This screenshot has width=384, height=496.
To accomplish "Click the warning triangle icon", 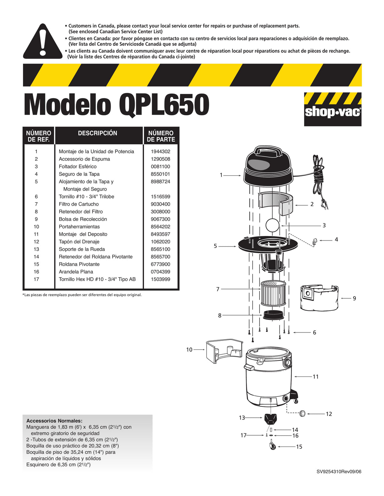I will tap(43, 42).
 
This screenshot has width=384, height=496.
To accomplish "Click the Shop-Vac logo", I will tap(332, 109).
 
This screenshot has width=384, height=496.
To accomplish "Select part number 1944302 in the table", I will tap(160, 151).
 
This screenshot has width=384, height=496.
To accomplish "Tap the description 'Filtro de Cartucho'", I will tap(79, 204).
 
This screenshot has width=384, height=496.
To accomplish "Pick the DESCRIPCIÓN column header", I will tap(98, 133).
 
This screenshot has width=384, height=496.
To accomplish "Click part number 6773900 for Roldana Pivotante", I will tap(160, 264).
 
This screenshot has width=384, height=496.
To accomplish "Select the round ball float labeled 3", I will tap(272, 225).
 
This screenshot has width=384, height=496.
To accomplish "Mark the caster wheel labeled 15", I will tap(273, 446).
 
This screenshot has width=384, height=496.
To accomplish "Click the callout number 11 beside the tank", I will tap(316, 377).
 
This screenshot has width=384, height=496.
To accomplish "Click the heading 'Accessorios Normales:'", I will tap(54, 421).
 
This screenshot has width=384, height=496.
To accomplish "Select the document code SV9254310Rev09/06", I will tap(339, 471).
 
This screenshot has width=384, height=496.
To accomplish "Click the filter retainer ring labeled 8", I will tap(273, 315).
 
